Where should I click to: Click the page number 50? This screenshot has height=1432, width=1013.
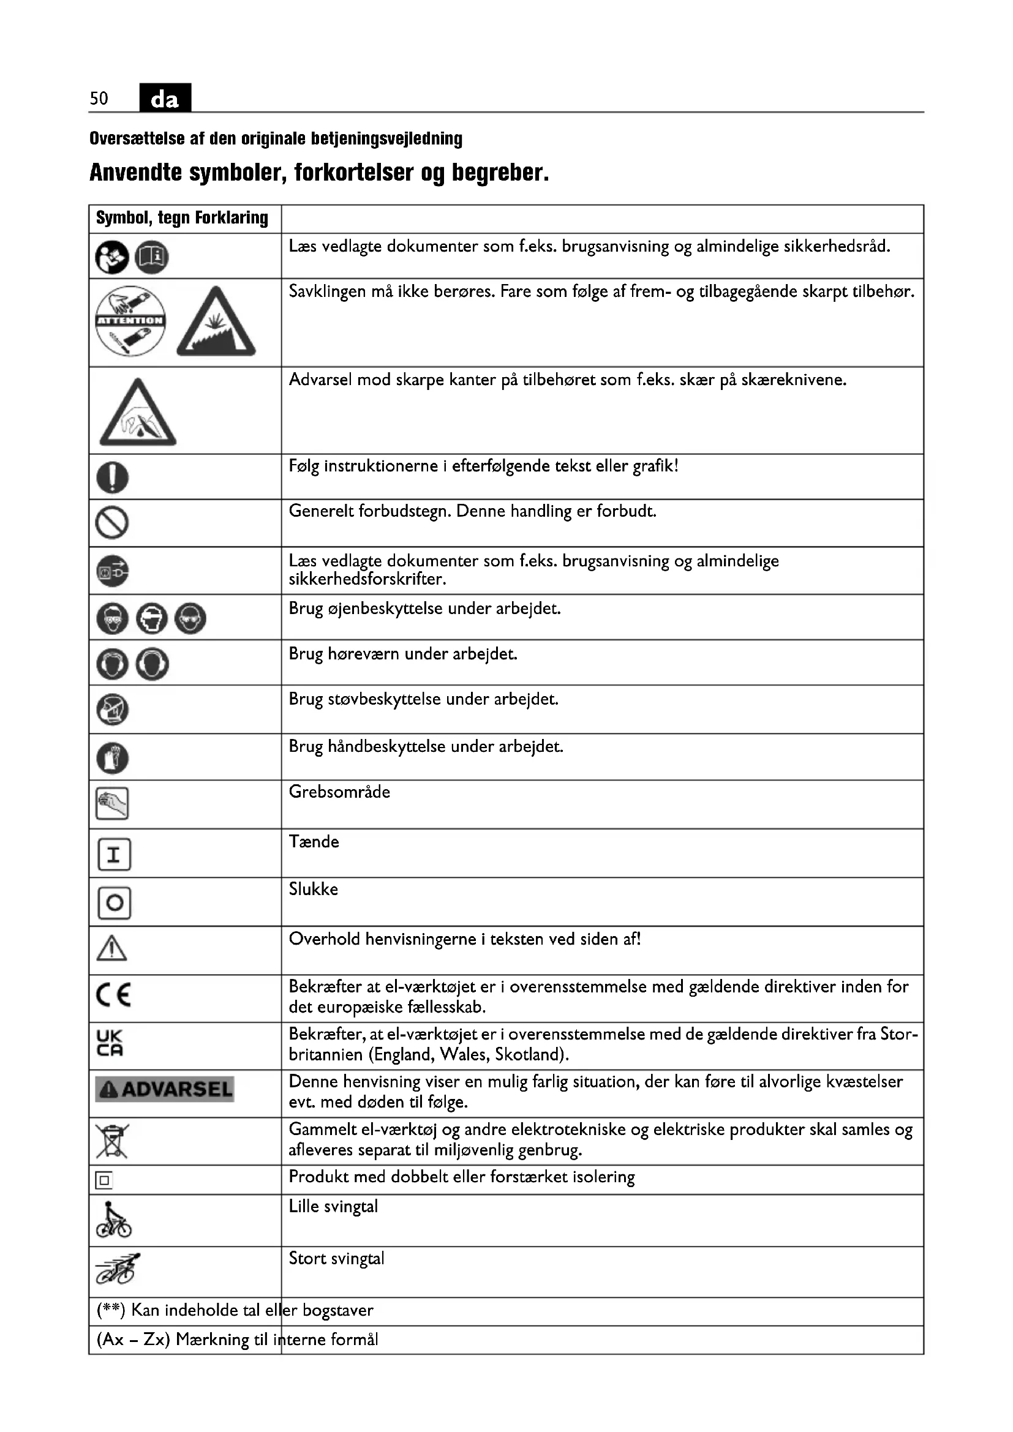click(x=99, y=99)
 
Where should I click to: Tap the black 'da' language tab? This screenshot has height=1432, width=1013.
click(x=165, y=99)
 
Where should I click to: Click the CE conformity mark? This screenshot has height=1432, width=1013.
click(x=113, y=995)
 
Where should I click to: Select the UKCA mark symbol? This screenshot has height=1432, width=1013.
click(x=110, y=1043)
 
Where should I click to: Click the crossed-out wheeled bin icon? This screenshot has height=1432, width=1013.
click(x=112, y=1141)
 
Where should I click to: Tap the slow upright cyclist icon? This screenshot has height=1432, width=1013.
click(x=113, y=1220)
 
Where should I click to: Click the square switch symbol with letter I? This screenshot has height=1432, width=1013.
click(x=114, y=854)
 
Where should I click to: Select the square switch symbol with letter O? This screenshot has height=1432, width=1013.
click(x=114, y=902)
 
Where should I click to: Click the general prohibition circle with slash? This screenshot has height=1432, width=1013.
click(x=112, y=523)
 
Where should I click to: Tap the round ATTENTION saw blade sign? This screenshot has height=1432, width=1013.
click(x=130, y=321)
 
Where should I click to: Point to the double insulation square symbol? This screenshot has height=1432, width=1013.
click(x=104, y=1180)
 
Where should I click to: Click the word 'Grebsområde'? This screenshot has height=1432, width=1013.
click(x=339, y=792)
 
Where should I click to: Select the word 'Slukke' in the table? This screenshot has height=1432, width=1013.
click(x=313, y=890)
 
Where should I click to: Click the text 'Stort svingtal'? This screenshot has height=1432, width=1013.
click(x=336, y=1259)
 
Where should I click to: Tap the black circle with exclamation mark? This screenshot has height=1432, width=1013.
click(x=112, y=478)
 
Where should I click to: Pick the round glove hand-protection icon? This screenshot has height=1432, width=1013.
click(x=112, y=759)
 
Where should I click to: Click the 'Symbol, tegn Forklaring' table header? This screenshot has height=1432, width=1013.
click(x=182, y=219)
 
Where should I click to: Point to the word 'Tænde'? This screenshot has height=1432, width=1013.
click(x=314, y=842)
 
